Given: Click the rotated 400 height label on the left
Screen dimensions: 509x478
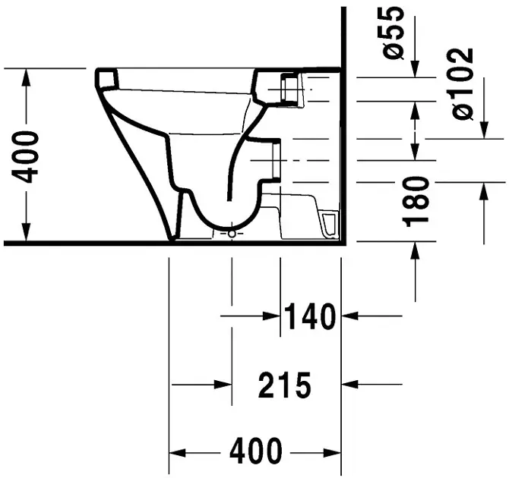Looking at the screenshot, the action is pos(25,157).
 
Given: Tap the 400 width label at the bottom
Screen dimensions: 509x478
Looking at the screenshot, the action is pos(256,451).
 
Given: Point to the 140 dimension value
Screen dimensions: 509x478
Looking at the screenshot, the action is pos(310,316).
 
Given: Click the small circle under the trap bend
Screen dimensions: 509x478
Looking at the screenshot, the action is pos(232,234).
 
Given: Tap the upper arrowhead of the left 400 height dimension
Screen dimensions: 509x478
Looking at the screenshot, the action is pos(27,77).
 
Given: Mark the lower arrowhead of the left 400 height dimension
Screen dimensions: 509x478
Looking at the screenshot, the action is pos(27,233).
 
